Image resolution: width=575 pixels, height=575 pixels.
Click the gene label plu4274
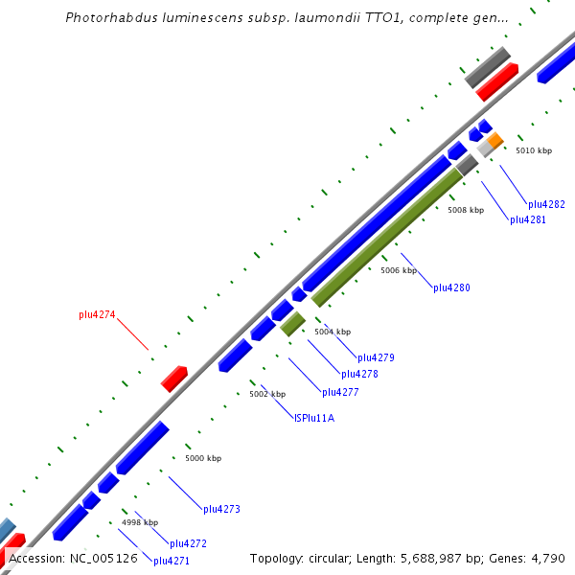click(x=97, y=314)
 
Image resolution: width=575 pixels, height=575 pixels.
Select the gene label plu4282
click(x=546, y=204)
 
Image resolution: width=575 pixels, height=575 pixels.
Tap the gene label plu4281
click(x=528, y=219)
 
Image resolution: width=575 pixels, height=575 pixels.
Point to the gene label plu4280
click(x=451, y=287)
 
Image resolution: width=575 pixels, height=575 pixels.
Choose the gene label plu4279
click(x=376, y=357)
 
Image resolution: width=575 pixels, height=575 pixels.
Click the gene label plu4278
click(x=359, y=374)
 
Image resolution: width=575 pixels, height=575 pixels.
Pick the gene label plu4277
click(x=340, y=392)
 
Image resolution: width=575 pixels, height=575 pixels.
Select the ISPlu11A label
click(x=314, y=417)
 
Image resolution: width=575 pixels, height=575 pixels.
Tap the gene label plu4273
click(x=221, y=509)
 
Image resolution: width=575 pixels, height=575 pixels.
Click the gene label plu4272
click(x=188, y=543)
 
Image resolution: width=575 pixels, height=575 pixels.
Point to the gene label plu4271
click(x=172, y=561)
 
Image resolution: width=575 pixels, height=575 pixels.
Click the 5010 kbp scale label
click(x=534, y=150)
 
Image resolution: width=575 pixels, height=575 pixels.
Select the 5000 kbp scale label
click(x=203, y=458)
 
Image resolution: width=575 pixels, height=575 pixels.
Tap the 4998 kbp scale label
click(x=139, y=522)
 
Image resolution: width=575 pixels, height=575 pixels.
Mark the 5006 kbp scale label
click(x=399, y=270)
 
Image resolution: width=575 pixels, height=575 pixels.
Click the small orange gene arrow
click(x=494, y=141)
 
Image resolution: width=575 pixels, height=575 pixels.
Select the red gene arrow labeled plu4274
click(x=173, y=379)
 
